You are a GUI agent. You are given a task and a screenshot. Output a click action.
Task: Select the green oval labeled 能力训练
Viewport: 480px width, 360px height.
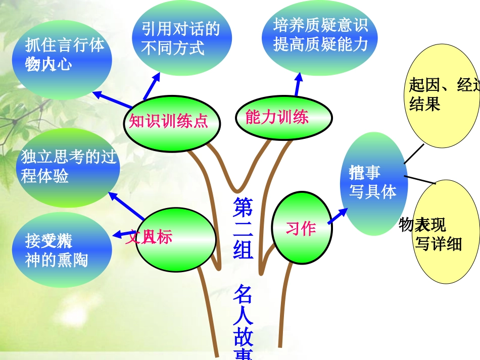(284, 119)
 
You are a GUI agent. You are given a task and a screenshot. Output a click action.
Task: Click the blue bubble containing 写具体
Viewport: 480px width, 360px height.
(374, 182)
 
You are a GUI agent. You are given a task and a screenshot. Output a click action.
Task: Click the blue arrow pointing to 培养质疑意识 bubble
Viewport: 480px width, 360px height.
(298, 84)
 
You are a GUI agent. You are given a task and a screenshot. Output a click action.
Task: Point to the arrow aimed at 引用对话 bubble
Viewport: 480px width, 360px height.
(151, 86)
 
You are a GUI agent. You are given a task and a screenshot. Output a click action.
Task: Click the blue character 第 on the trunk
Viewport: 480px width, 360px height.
(243, 207)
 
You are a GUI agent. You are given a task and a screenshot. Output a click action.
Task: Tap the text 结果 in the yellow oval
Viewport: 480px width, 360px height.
(424, 104)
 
